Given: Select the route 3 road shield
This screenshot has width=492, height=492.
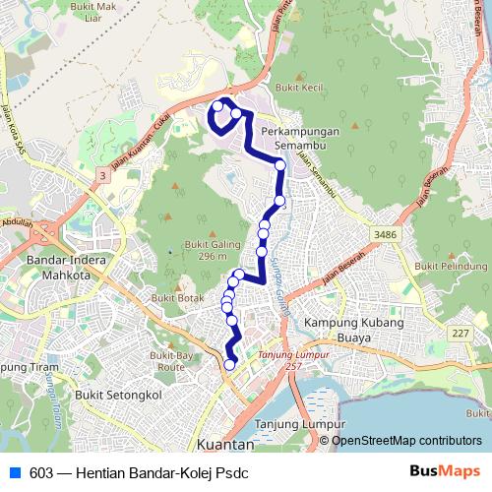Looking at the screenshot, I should coord(101,174).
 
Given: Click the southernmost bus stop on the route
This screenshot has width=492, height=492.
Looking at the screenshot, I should coord(230,365).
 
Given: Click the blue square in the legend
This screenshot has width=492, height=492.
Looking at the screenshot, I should coord(14,472).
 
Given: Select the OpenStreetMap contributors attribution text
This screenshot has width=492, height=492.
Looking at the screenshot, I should coord(406,441).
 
